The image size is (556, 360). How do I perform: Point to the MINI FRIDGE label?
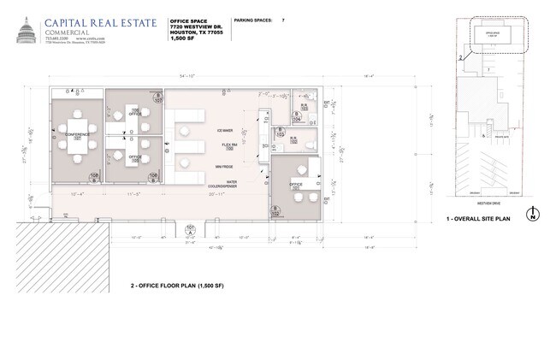225,166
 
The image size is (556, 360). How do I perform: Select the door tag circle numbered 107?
158,97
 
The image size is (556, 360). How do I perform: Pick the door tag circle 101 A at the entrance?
190,229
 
